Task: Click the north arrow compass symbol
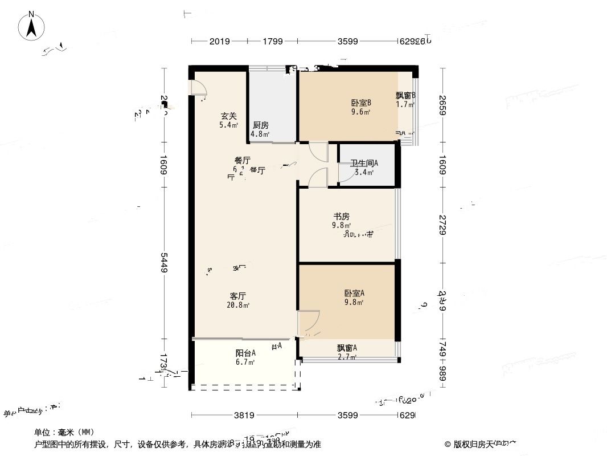[32, 26]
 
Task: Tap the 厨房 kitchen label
[260, 125]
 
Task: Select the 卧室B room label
[361, 103]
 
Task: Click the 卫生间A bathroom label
[364, 163]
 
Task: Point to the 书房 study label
[341, 216]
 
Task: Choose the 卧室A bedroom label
[354, 293]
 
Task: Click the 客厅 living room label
[237, 296]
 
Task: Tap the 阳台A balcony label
[245, 353]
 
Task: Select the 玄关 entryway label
[229, 116]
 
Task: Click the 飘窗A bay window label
[346, 348]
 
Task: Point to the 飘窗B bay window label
[405, 96]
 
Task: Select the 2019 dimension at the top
[219, 41]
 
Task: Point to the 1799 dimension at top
[273, 41]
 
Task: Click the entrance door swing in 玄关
[199, 90]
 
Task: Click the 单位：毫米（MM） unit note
[64, 432]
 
